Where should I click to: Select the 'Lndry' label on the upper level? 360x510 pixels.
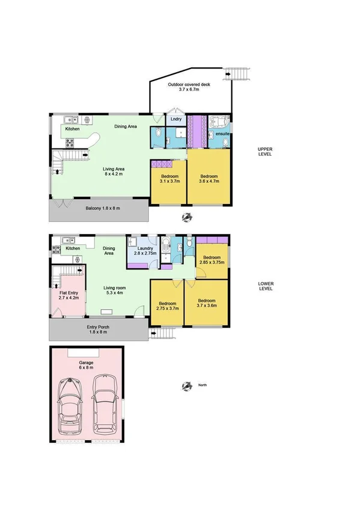(x=175, y=120)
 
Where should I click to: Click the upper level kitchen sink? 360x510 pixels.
(x=70, y=118)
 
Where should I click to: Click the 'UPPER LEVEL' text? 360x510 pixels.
(x=264, y=151)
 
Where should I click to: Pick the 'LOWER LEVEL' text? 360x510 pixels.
(x=264, y=286)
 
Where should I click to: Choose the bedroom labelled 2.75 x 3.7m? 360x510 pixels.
(x=167, y=306)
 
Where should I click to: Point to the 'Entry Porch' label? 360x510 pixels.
(x=99, y=328)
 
